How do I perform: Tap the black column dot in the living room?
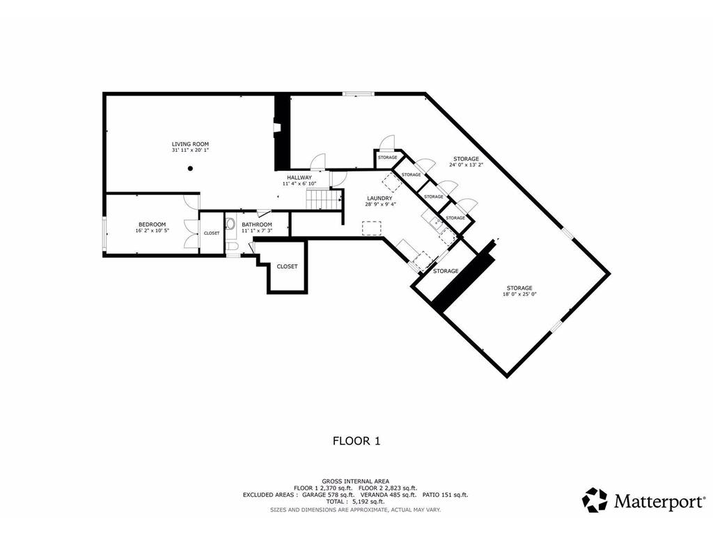click(190, 168)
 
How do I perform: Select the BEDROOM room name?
click(152, 224)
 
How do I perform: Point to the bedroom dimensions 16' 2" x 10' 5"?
click(152, 231)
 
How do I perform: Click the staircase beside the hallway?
click(322, 201)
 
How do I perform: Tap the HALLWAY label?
click(299, 178)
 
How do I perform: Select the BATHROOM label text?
click(256, 224)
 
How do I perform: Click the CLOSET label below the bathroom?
click(287, 267)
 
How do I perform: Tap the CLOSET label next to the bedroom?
click(212, 233)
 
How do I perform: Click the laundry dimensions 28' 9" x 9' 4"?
click(381, 205)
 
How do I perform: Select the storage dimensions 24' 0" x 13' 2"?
click(466, 165)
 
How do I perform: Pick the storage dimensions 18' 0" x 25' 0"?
click(519, 294)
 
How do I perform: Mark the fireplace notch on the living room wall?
click(276, 128)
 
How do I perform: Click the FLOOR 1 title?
click(356, 440)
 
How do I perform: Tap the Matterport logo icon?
click(594, 499)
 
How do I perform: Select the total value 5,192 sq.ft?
click(367, 502)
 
